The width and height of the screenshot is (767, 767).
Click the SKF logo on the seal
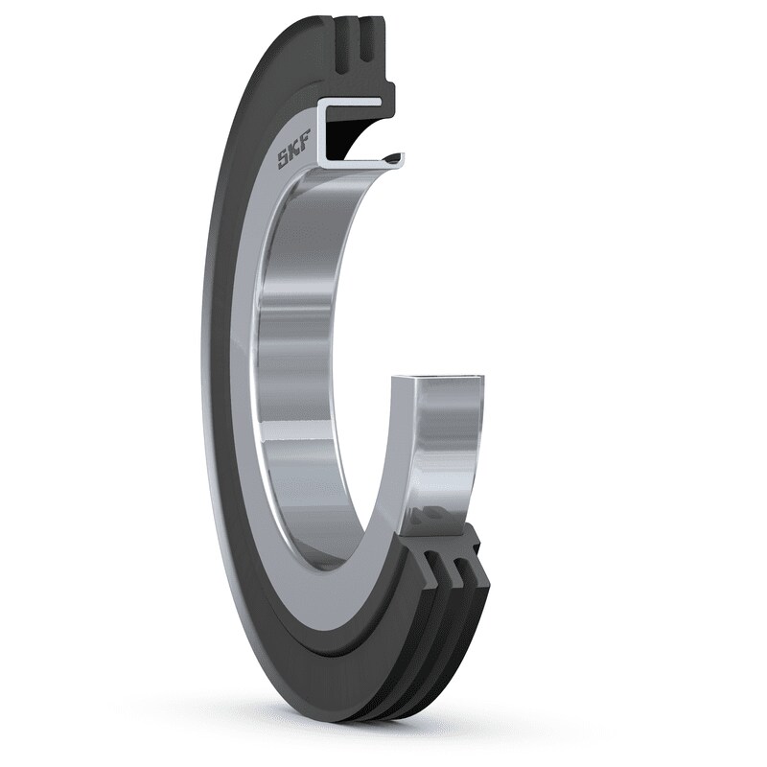click(293, 154)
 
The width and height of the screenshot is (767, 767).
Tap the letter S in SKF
click(285, 161)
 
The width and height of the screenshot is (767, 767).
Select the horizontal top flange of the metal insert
click(360, 103)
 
